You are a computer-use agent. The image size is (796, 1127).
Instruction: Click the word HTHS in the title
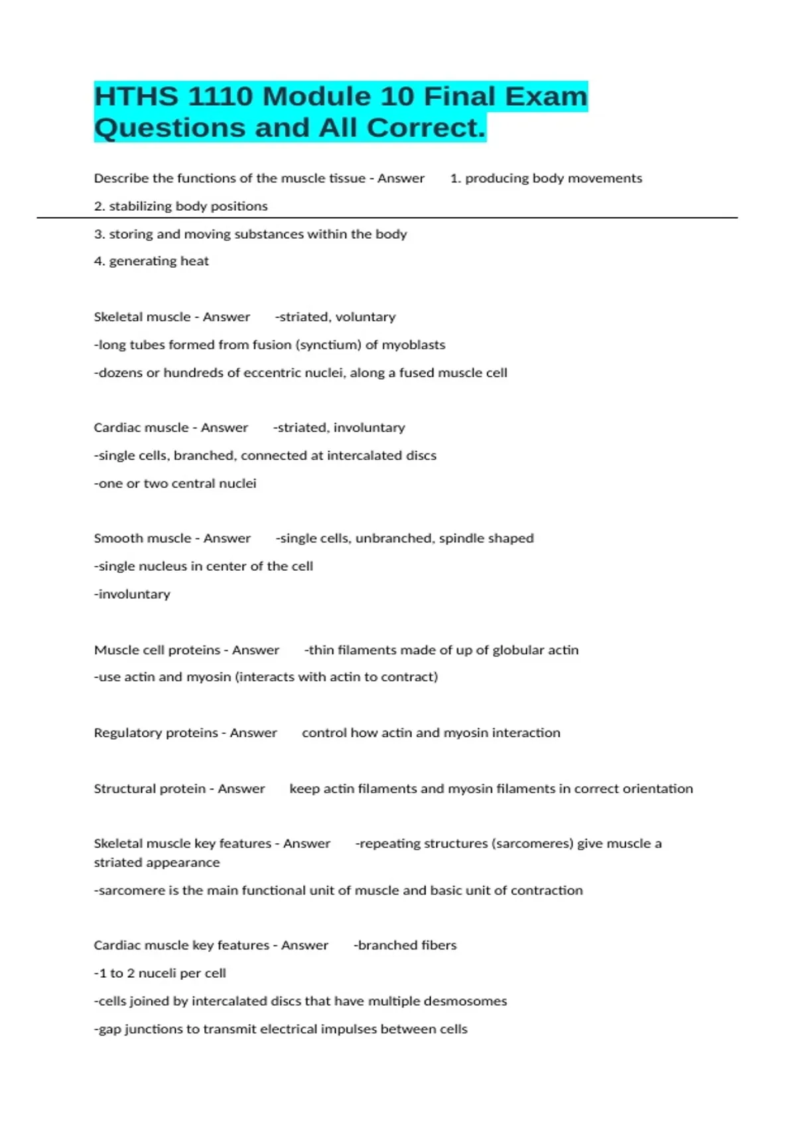click(136, 97)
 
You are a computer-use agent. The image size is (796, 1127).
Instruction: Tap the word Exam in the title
click(546, 97)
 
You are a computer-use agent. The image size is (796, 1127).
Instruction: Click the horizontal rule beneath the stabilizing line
click(387, 217)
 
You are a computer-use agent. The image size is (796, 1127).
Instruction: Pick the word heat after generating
click(194, 261)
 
